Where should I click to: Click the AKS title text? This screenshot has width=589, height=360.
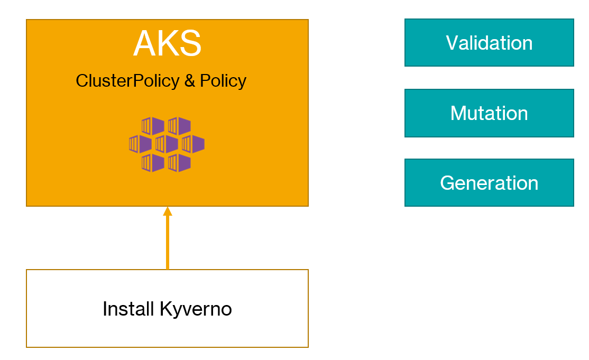click(167, 44)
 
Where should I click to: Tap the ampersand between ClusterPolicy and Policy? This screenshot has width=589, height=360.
click(190, 81)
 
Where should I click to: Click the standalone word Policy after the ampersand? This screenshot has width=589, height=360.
click(223, 81)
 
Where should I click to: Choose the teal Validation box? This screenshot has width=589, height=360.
click(489, 43)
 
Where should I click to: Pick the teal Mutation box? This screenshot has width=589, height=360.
click(489, 113)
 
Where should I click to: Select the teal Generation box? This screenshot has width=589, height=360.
click(489, 183)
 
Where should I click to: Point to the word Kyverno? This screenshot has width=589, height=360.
click(196, 309)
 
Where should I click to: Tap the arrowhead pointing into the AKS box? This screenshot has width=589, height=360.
click(168, 211)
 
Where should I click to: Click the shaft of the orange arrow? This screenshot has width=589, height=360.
click(168, 243)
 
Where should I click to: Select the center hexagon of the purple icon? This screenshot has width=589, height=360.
click(167, 144)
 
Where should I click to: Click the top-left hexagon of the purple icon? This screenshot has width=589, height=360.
click(153, 126)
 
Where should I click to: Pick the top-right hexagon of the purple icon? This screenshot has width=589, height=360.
click(179, 126)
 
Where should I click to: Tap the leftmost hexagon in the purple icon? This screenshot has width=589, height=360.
click(140, 144)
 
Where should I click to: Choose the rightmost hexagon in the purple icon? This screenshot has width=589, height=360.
click(193, 144)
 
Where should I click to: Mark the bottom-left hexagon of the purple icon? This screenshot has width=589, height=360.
click(153, 162)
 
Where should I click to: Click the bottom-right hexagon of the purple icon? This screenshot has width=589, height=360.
click(179, 162)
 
